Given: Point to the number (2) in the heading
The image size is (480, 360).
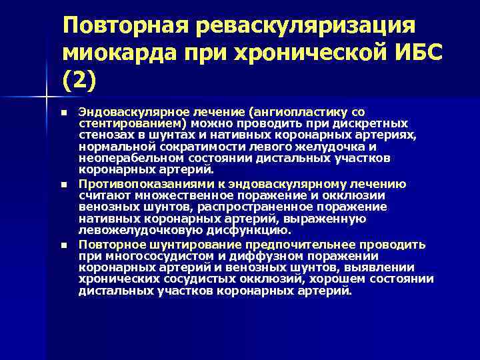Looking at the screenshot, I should [x=79, y=80].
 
